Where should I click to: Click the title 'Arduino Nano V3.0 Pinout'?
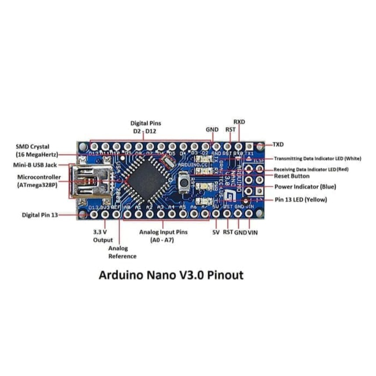coord(171,276)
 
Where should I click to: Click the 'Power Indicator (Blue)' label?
coord(305,187)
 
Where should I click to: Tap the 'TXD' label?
coord(278,144)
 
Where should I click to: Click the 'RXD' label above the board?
coord(239,121)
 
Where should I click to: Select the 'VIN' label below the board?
coord(253,232)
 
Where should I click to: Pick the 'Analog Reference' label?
coord(122,253)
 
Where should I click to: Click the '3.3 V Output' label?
coord(103,236)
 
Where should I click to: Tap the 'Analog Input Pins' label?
coord(163,232)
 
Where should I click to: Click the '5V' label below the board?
coord(216,232)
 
